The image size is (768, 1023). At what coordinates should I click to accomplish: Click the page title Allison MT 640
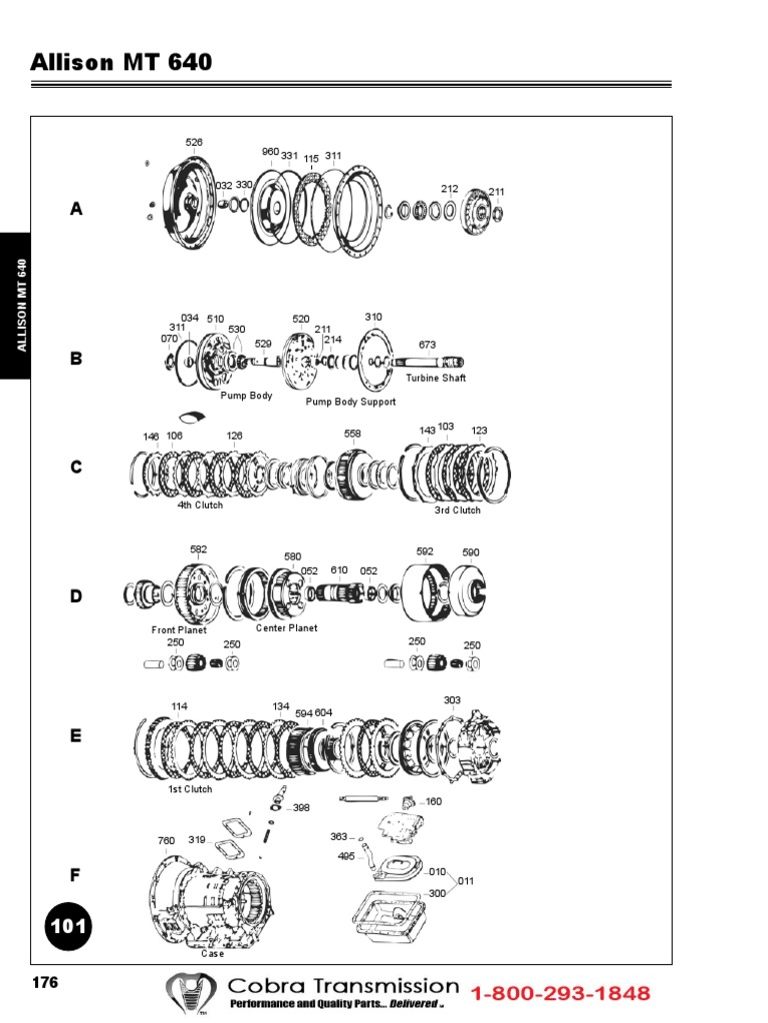(121, 62)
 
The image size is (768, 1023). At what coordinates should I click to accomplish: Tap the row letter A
(76, 210)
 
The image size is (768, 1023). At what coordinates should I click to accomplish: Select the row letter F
(75, 875)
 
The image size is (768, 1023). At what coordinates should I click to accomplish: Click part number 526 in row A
(194, 143)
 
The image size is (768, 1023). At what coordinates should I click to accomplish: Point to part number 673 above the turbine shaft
(427, 345)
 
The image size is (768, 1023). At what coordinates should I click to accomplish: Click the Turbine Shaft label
(435, 379)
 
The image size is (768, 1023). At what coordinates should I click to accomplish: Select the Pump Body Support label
(350, 402)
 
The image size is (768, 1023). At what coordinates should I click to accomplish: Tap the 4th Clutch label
(200, 506)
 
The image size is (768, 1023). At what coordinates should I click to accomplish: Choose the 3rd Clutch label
(457, 511)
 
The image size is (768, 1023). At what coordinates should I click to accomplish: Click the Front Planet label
(179, 630)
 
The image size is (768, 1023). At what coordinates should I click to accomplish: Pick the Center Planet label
(286, 628)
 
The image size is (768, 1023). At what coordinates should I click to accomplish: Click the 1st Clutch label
(190, 789)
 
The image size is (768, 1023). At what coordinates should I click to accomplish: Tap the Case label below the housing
(213, 954)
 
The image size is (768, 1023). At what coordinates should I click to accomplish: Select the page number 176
(45, 983)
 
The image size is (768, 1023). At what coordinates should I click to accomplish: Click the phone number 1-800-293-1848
(560, 993)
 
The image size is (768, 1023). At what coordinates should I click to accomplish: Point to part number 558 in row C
(353, 434)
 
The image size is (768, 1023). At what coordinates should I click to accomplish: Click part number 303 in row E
(453, 700)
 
